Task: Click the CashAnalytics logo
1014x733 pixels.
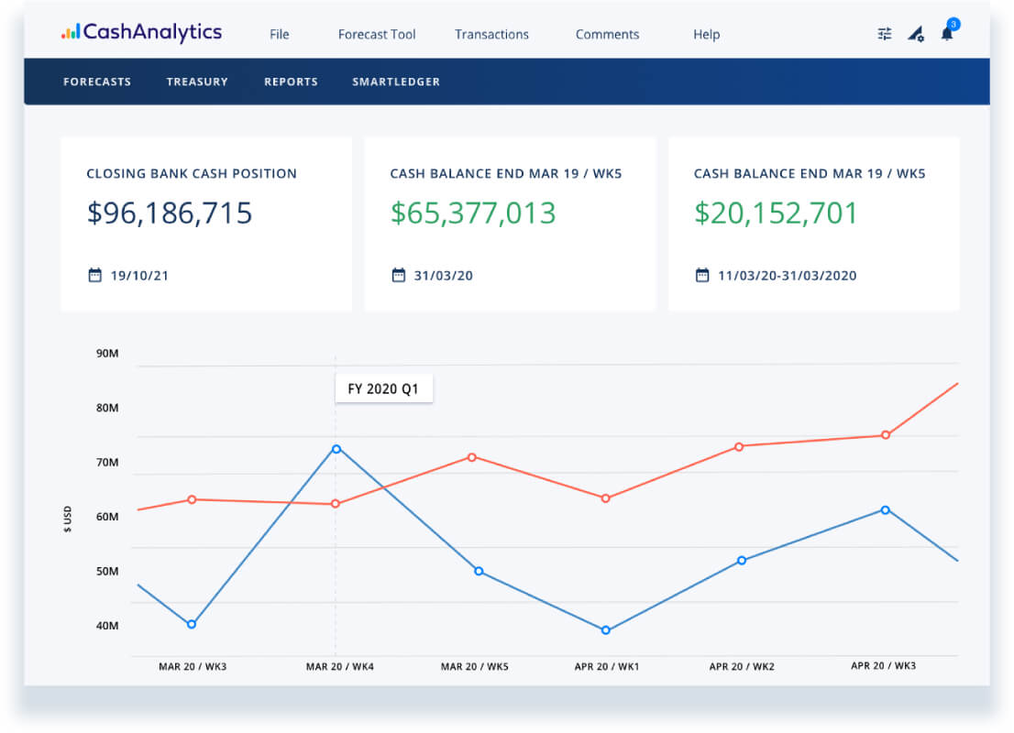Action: tap(141, 32)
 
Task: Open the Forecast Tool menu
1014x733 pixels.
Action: tap(377, 34)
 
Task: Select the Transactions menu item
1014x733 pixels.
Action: tap(491, 34)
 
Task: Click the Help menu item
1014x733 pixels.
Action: tap(706, 34)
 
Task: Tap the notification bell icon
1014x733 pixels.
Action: tap(948, 32)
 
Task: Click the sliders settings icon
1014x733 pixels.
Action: tap(885, 34)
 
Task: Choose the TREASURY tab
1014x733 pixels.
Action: tap(197, 82)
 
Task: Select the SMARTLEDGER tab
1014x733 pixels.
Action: tap(396, 82)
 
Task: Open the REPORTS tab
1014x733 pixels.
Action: tap(291, 82)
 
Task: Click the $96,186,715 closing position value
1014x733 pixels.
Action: tap(170, 213)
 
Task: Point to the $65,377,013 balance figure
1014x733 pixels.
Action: tap(473, 213)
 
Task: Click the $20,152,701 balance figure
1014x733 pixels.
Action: tap(776, 213)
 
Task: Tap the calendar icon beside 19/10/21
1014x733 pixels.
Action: tap(95, 275)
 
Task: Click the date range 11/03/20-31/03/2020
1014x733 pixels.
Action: tap(787, 276)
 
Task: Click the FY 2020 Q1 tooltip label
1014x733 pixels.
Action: tap(383, 388)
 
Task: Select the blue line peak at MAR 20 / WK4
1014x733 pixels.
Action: tap(336, 449)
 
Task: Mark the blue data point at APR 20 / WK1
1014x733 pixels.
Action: tap(606, 630)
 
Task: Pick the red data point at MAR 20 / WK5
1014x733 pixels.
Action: tap(472, 457)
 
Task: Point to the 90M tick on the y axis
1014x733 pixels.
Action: tap(107, 353)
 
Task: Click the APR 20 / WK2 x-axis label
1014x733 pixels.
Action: tap(742, 666)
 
